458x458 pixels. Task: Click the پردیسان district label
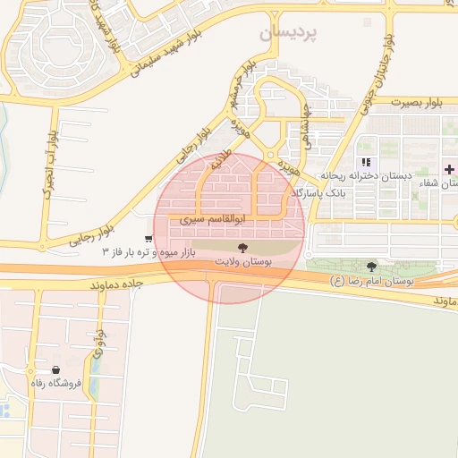(288, 33)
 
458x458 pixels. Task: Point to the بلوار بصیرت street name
(412, 102)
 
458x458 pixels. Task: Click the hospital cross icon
(449, 169)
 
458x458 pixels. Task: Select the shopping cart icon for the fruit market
(148, 239)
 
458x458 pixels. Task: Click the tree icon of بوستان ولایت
(242, 246)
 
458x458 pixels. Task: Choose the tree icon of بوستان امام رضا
(371, 266)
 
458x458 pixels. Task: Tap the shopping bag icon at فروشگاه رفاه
(55, 369)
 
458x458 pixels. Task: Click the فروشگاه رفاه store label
(55, 384)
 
